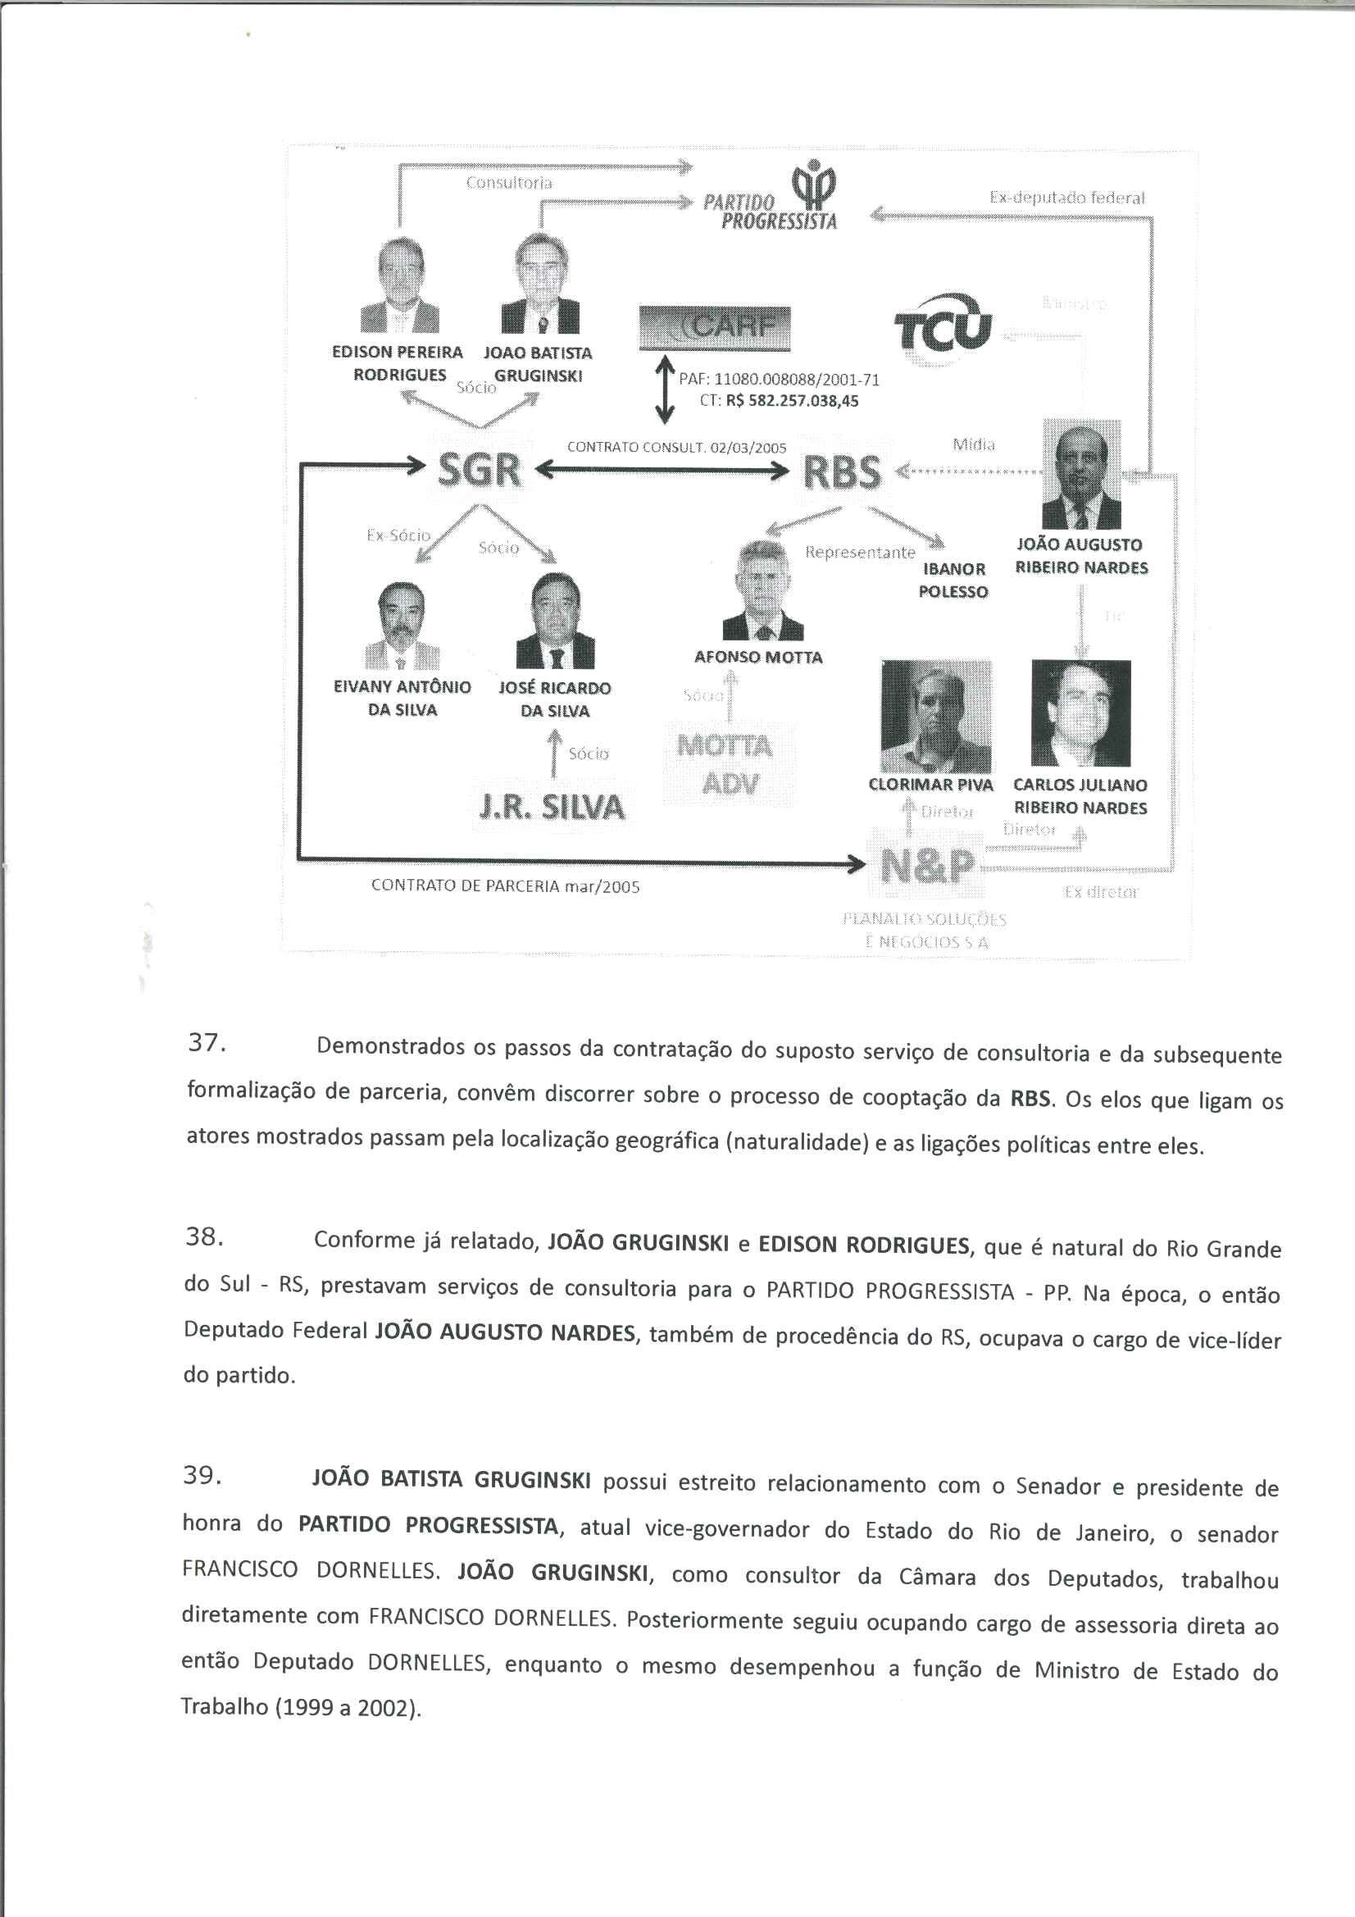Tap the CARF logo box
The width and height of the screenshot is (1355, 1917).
(714, 328)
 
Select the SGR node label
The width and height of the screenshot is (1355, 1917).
(480, 470)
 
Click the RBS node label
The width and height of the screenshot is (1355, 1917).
(842, 471)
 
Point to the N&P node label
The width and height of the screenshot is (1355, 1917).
(927, 867)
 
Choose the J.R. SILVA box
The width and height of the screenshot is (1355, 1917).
(552, 807)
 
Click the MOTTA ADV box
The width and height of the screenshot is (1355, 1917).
(729, 764)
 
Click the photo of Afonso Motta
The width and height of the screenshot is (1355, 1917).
(762, 591)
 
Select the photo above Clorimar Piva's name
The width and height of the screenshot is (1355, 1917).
(936, 717)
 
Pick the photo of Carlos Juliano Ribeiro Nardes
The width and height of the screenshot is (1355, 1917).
(1080, 713)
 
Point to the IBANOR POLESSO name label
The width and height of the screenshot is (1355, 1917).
(953, 581)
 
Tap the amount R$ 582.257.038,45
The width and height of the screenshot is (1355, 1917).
(792, 401)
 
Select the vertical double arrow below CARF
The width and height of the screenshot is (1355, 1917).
(665, 390)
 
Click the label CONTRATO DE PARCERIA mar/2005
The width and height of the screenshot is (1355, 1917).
(505, 886)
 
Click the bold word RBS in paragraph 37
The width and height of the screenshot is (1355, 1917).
(1030, 1098)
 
